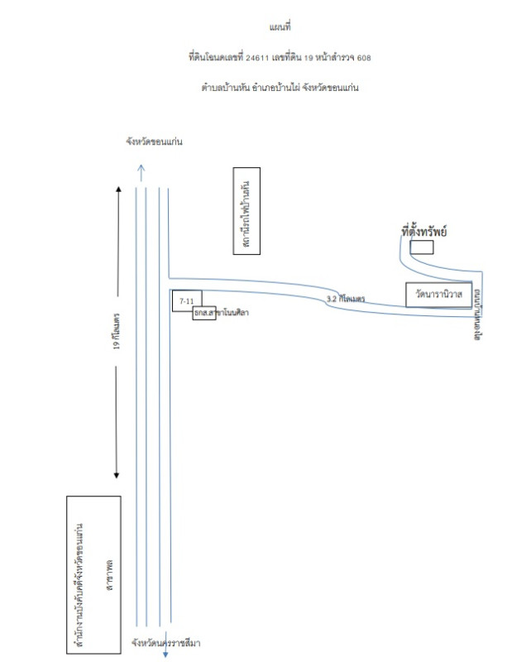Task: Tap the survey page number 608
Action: [365, 58]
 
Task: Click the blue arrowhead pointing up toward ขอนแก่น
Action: [141, 170]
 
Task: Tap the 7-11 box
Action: [187, 300]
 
